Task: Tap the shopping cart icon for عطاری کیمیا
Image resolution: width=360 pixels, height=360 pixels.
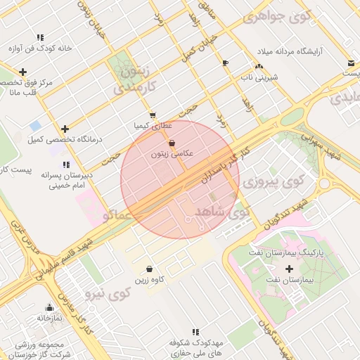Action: click(x=153, y=115)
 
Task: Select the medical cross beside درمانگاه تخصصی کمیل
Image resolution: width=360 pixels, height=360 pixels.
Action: click(x=65, y=129)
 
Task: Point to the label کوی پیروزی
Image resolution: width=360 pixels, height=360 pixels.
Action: click(x=271, y=183)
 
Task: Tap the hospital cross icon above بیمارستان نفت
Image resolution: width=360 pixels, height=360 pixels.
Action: click(x=290, y=269)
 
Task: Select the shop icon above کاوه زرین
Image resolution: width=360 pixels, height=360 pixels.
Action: click(x=149, y=269)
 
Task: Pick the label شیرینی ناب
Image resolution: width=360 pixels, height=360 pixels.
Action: click(x=260, y=77)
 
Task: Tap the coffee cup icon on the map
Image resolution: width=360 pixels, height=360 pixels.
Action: click(x=225, y=63)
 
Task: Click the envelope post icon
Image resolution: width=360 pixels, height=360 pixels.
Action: click(x=350, y=64)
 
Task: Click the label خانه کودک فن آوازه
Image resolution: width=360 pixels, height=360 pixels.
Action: click(x=41, y=49)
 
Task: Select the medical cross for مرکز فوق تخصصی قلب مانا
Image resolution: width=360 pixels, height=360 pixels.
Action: click(x=23, y=72)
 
